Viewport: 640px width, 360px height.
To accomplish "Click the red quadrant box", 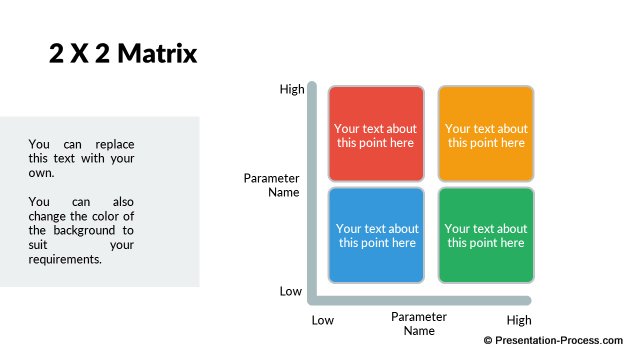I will tap(375, 134).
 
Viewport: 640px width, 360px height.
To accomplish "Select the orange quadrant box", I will tap(486, 134).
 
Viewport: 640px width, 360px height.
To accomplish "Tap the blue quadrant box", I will tap(375, 235).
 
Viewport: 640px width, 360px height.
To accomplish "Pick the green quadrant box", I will tap(486, 235).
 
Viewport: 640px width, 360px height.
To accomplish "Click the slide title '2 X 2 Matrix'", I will tap(123, 54).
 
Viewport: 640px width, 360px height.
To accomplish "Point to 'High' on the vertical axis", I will tap(292, 89).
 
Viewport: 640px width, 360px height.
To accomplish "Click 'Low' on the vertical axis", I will tap(290, 291).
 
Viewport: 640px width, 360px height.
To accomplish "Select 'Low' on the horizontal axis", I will tap(322, 320).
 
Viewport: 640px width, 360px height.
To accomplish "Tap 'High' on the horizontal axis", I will tap(519, 320).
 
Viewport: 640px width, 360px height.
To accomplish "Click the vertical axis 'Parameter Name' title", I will tap(272, 185).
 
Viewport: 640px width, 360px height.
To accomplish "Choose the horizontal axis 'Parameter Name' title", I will tap(419, 323).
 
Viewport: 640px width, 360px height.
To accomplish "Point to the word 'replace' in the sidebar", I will tap(113, 144).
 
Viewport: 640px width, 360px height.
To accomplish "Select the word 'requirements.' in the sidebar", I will tap(65, 259).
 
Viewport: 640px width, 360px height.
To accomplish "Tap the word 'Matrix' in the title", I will tap(159, 54).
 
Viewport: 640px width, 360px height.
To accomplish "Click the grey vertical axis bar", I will tap(312, 190).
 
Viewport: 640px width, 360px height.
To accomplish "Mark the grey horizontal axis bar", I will tap(420, 298).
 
